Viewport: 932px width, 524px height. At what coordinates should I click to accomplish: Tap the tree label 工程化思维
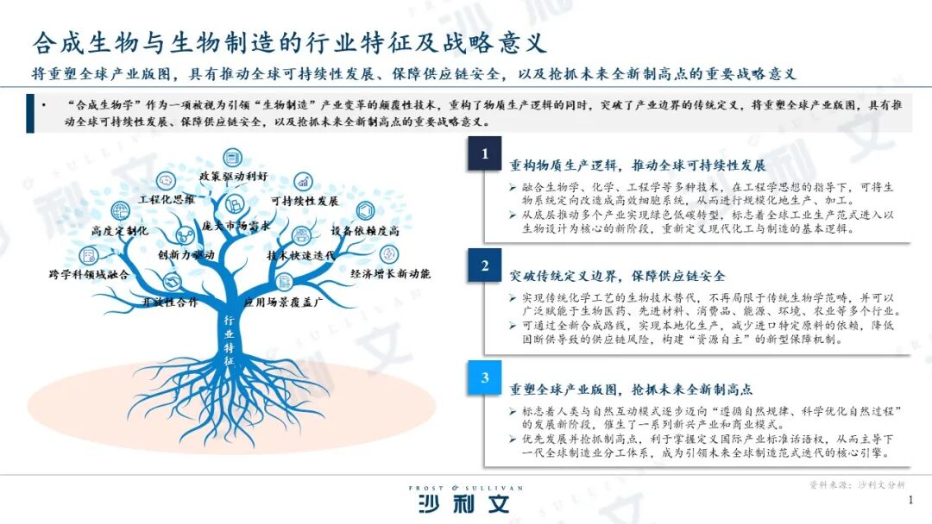tap(167, 199)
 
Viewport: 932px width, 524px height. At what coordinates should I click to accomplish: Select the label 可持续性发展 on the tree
tap(304, 201)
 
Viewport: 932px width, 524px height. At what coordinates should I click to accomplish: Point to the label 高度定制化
tap(120, 232)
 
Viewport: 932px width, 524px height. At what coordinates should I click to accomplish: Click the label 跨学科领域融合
tap(88, 274)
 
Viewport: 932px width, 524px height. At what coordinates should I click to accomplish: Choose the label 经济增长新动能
tap(390, 274)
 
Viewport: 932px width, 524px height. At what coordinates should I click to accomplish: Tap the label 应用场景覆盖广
tap(283, 303)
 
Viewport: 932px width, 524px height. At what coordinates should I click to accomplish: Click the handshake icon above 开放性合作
tap(171, 282)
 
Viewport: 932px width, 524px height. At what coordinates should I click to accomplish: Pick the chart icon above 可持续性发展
tap(303, 181)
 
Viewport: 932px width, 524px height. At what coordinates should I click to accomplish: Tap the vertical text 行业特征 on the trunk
tap(229, 341)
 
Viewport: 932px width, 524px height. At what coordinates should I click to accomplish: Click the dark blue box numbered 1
tap(485, 154)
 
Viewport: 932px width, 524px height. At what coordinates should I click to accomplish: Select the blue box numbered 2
tap(485, 265)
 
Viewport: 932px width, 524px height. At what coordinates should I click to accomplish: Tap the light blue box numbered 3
tap(485, 377)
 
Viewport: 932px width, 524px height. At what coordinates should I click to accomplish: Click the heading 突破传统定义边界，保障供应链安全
tap(617, 276)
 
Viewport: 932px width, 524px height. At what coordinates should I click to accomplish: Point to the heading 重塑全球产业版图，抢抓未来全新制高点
tap(631, 389)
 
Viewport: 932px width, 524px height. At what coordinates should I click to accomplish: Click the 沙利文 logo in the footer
tap(465, 502)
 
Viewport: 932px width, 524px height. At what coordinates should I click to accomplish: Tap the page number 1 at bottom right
tap(910, 500)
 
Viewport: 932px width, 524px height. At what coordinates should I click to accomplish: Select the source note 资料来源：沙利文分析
tap(857, 485)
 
